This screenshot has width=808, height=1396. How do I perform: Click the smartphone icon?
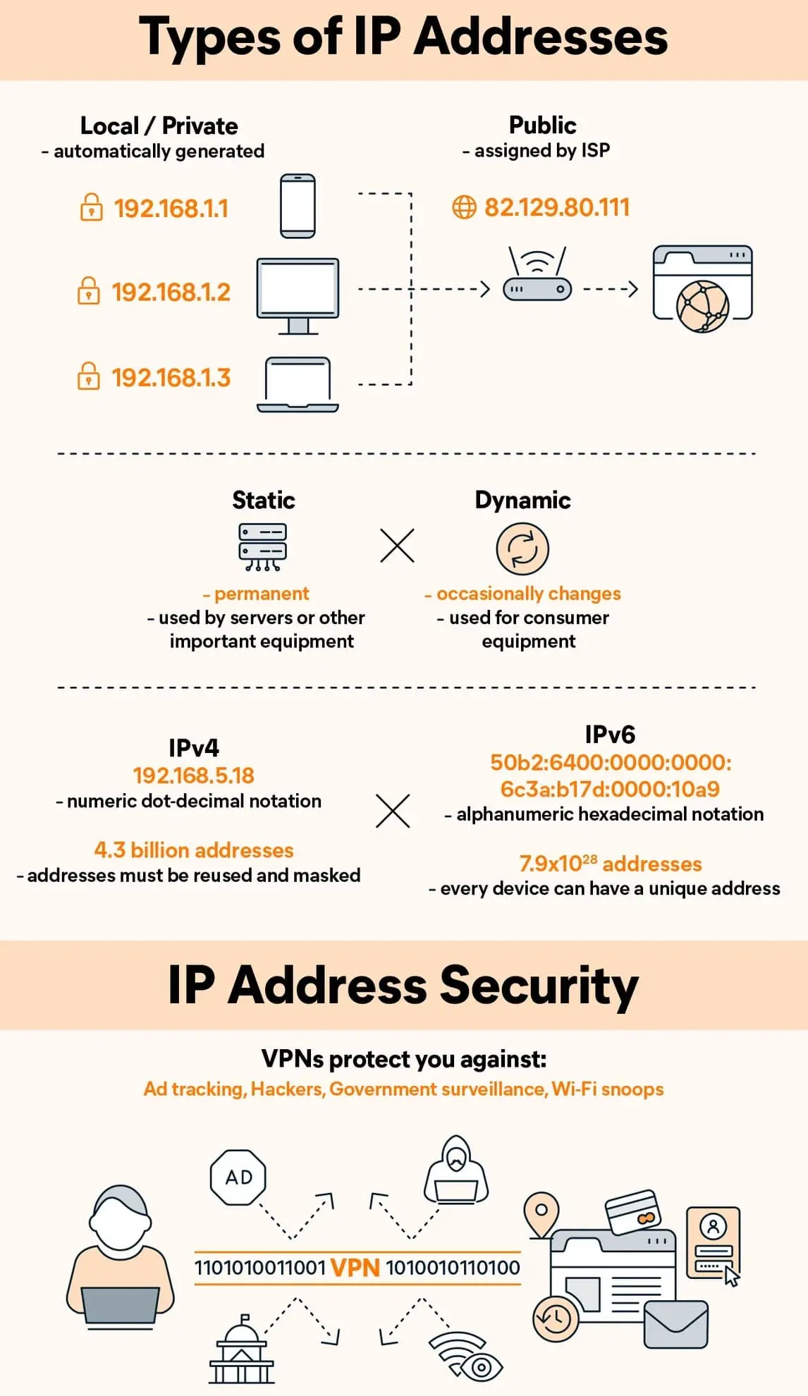[298, 206]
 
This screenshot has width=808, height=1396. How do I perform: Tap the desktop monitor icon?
[298, 295]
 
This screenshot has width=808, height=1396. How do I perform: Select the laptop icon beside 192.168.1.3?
[298, 384]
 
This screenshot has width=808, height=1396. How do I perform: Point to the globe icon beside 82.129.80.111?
[464, 207]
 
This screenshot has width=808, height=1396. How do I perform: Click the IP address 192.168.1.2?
[171, 292]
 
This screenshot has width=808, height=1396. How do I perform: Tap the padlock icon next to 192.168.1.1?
[91, 208]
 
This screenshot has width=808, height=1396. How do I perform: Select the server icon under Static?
[262, 546]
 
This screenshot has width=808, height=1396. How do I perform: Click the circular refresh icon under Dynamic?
[522, 549]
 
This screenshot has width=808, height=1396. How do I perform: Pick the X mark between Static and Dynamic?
[397, 546]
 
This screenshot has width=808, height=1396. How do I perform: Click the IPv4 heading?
[194, 747]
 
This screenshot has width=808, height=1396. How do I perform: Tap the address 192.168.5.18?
[194, 776]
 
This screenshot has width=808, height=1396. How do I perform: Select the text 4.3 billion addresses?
[194, 850]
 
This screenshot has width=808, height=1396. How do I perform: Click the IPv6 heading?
[610, 735]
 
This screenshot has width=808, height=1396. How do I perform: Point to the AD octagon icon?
[238, 1177]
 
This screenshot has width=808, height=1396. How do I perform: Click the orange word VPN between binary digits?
[355, 1268]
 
